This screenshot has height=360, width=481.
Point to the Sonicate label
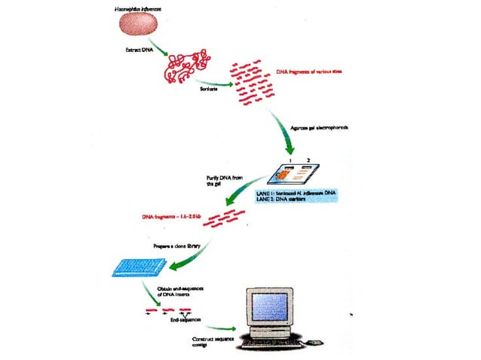click(x=207, y=89)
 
